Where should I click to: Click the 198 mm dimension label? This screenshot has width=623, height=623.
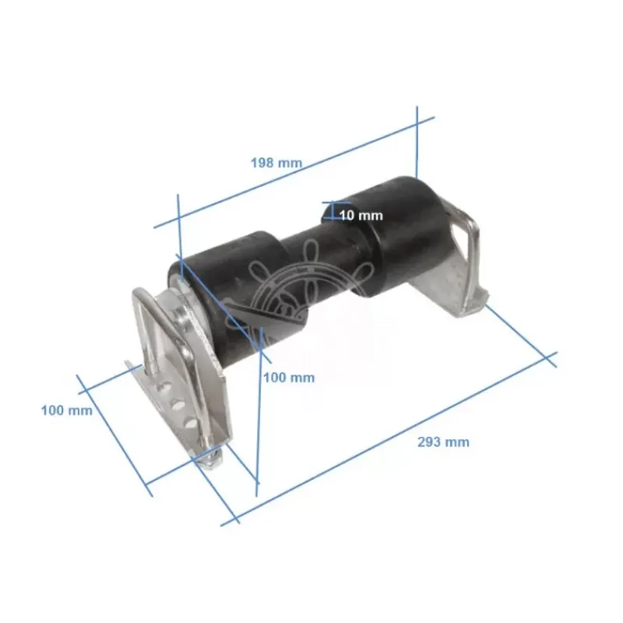[x=276, y=163]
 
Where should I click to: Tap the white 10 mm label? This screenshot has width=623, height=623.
[x=361, y=216]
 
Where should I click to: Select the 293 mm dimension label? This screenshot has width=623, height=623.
[x=443, y=442]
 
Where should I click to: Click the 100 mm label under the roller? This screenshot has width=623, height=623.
[x=289, y=378]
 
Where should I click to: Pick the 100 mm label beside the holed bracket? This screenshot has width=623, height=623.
[x=67, y=410]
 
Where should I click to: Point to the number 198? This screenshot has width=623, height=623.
[x=262, y=163]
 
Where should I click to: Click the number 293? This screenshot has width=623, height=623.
[x=429, y=442]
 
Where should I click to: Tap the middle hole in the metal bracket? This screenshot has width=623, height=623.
[x=178, y=404]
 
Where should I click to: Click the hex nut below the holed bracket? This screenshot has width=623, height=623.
[x=209, y=462]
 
